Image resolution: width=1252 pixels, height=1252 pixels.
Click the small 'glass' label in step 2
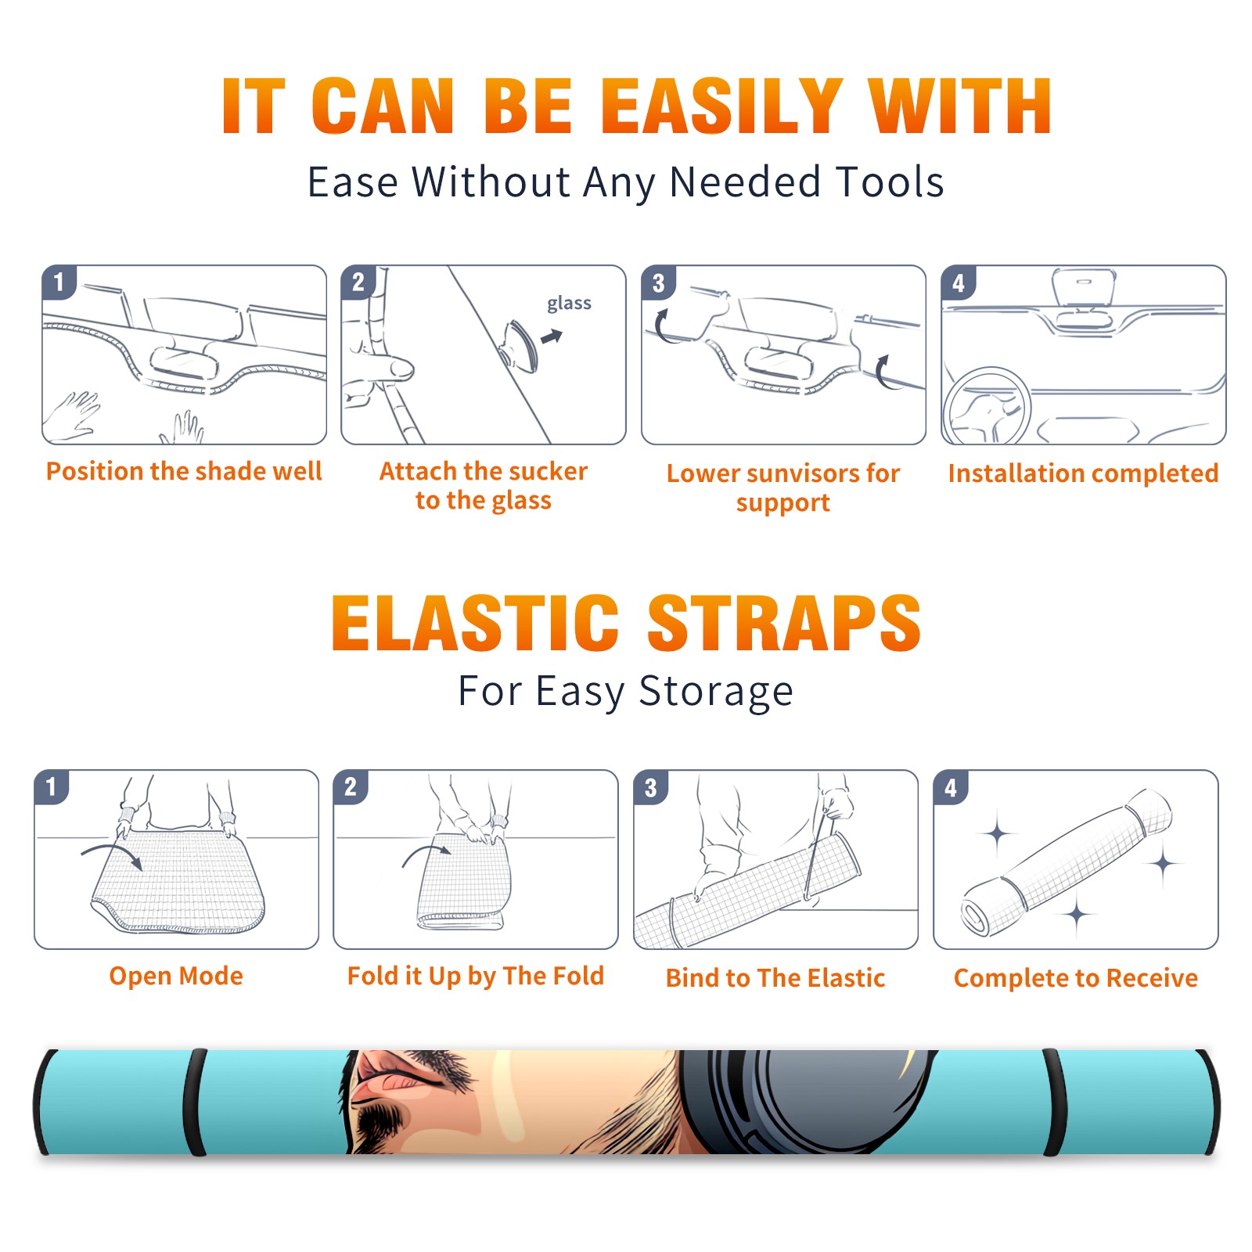pos(569,304)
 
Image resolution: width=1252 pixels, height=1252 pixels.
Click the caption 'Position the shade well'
pos(184,471)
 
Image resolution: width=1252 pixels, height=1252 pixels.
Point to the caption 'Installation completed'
pos(1083,473)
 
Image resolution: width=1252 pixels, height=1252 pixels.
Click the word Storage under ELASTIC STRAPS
pos(716,692)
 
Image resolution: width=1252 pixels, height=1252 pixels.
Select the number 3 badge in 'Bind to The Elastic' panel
pos(650,788)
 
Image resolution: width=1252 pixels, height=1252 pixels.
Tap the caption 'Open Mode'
pos(176,976)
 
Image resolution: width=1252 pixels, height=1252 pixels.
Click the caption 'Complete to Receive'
pos(1076,978)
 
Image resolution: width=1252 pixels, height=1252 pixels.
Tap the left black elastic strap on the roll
pos(195,1102)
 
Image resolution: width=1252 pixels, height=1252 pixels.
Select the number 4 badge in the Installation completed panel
pos(958,283)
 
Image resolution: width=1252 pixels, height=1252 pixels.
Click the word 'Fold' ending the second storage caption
pos(578,976)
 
